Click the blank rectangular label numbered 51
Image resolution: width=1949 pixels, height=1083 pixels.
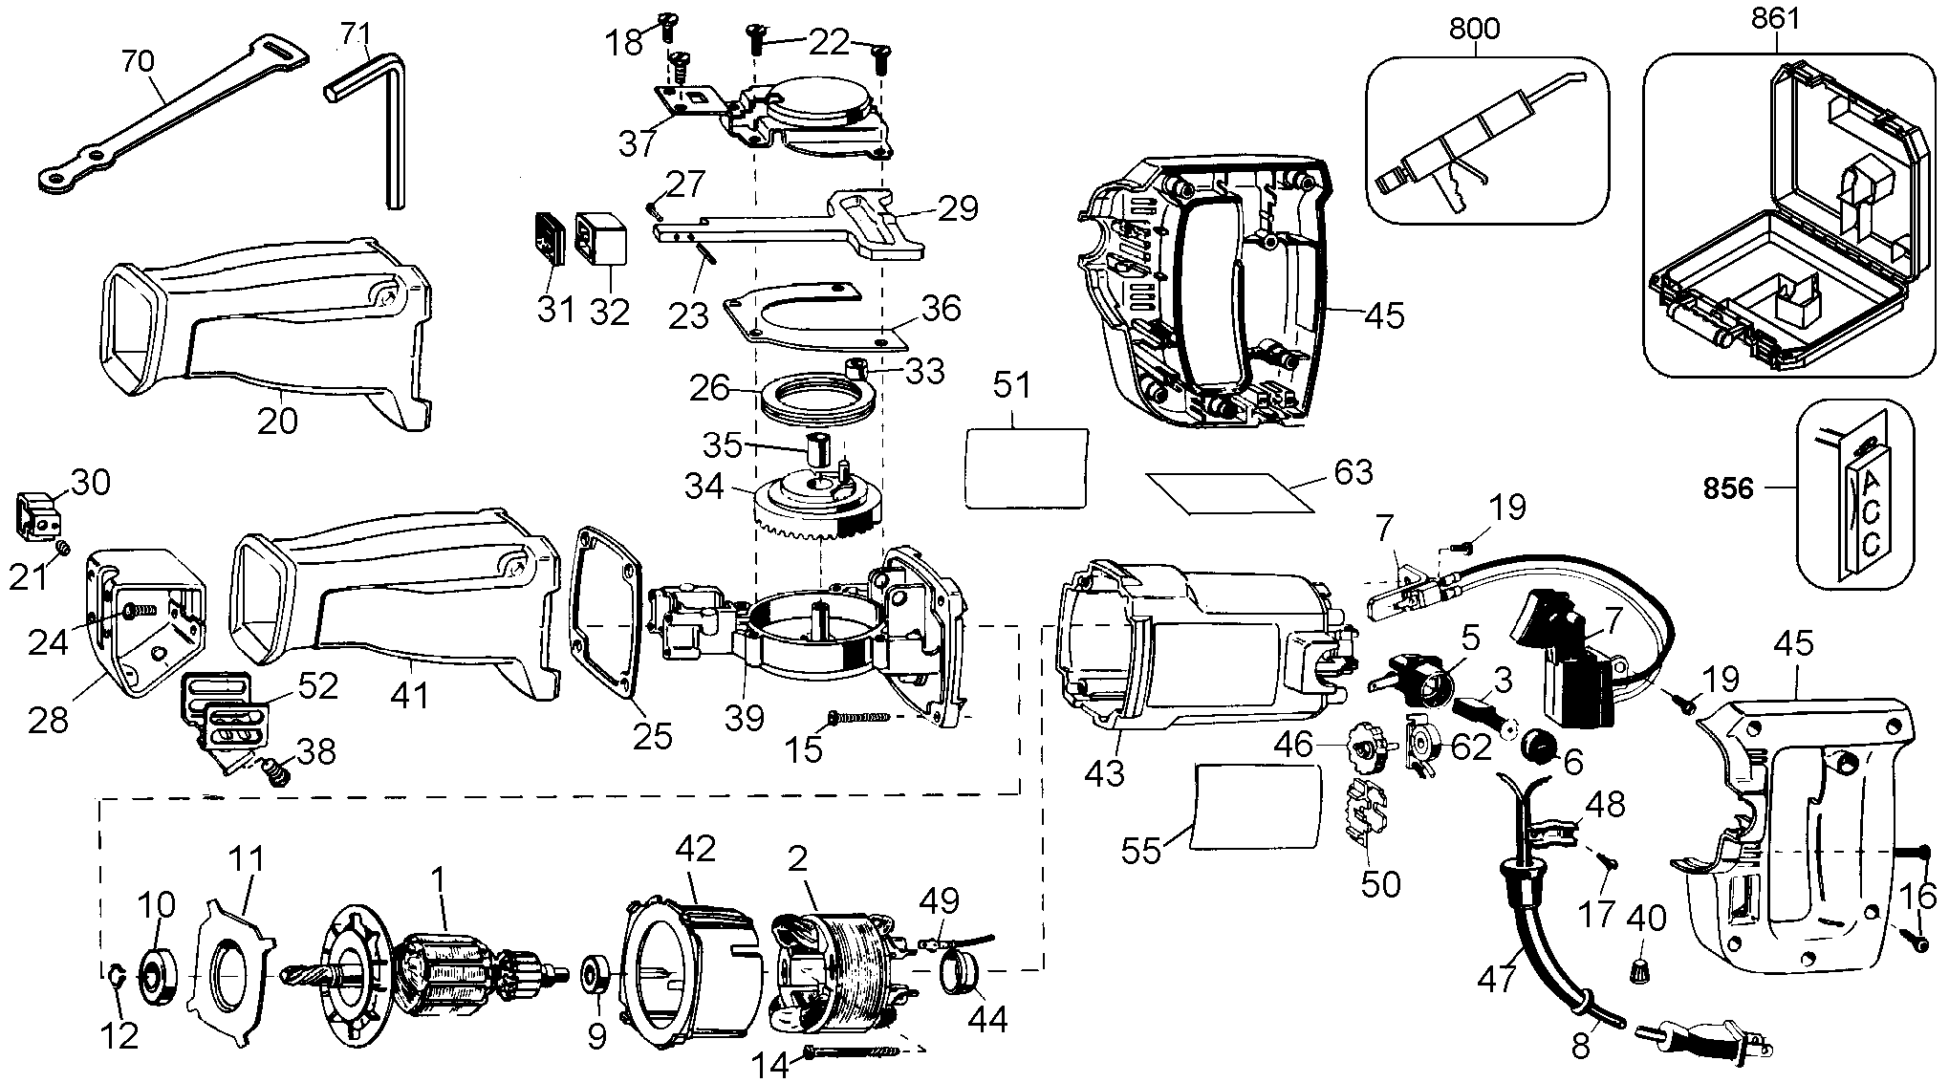pyautogui.click(x=1027, y=467)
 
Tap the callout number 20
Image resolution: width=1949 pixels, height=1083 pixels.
pyautogui.click(x=277, y=422)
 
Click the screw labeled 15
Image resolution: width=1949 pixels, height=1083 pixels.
pyautogui.click(x=862, y=716)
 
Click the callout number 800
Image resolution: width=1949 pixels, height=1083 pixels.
pyautogui.click(x=1473, y=28)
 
